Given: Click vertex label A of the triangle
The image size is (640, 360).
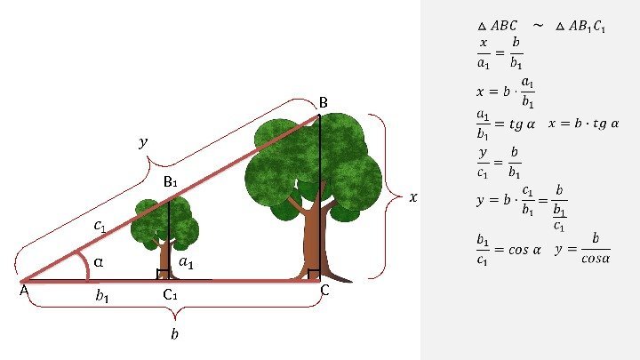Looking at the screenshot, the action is [23, 291].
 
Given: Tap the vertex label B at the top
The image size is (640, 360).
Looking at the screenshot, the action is [324, 104].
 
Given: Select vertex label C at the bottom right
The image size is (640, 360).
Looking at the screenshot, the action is [325, 291].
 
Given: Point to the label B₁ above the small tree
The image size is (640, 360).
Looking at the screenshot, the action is [171, 182].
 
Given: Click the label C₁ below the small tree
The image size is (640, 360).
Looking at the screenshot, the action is [171, 295].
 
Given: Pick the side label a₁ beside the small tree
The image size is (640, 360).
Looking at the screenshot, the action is [187, 262].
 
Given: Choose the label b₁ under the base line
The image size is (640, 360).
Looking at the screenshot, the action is [102, 297].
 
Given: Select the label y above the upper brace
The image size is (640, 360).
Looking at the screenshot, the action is [143, 141].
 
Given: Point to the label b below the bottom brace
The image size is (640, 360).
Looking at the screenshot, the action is [174, 334].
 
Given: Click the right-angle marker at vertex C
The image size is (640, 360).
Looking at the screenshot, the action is [313, 275].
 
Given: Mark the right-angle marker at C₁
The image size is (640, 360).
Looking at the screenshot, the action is [163, 275].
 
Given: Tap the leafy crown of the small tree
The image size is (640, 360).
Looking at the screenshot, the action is [165, 222].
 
